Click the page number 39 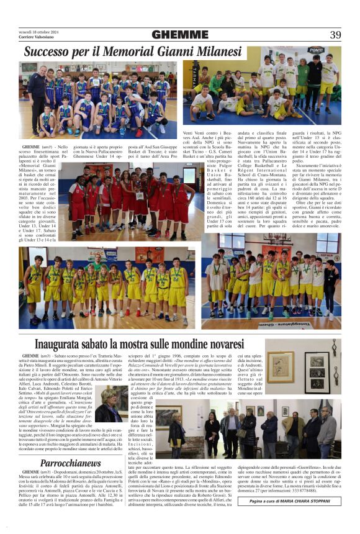(x=335, y=35)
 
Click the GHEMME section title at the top (x=179, y=35)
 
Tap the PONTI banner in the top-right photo (x=316, y=50)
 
